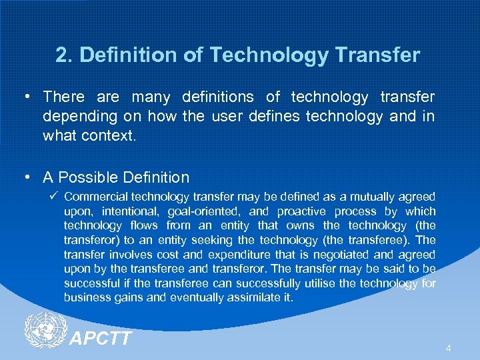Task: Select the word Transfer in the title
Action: point(379,55)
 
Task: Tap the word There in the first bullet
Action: point(64,97)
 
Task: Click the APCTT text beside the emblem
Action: point(101,339)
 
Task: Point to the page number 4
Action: point(449,348)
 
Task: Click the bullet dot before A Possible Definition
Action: point(26,177)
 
